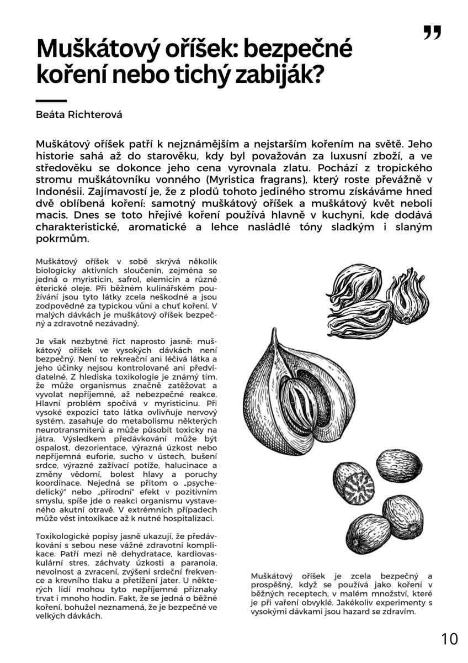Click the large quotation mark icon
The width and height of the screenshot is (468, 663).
click(x=432, y=33)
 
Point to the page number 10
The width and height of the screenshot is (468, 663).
click(x=449, y=639)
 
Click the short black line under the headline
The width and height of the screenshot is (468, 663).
click(x=51, y=101)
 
